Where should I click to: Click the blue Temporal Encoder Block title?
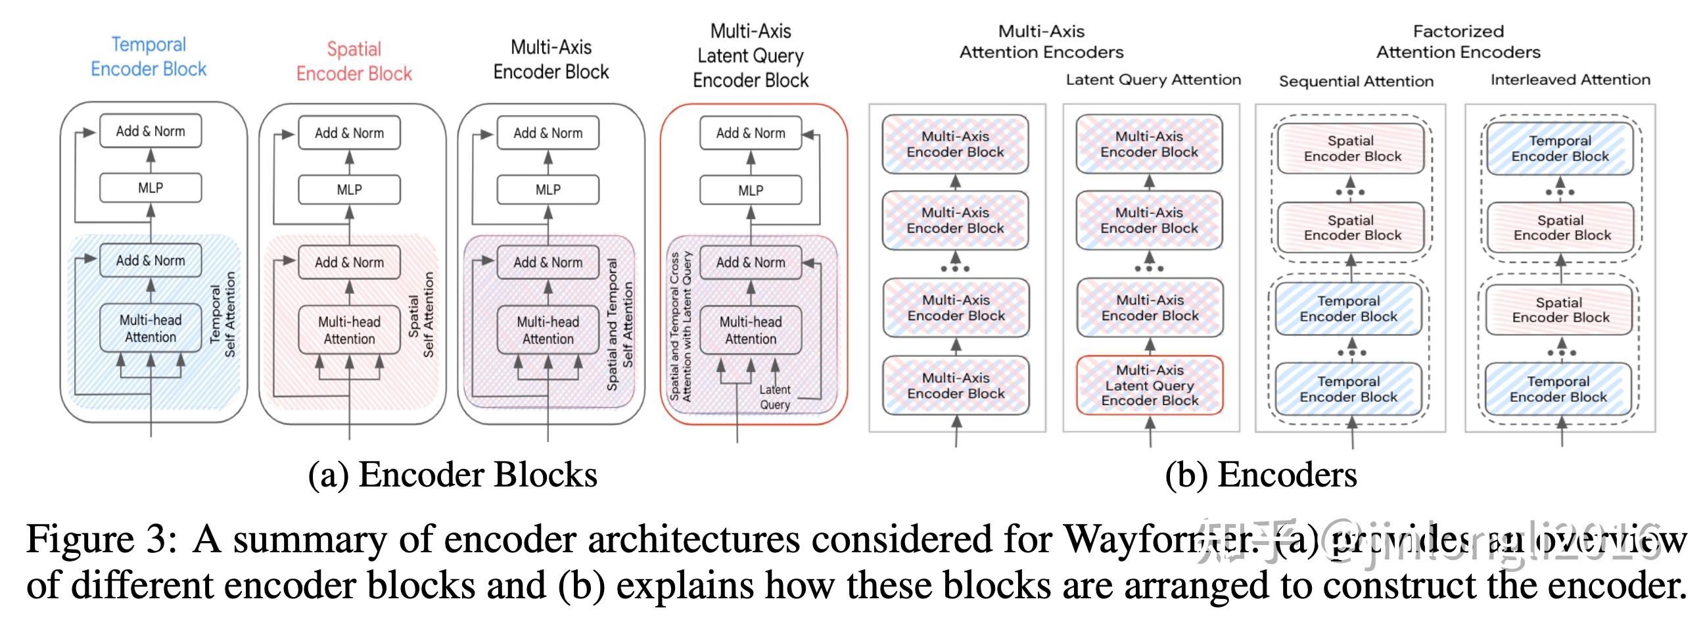(149, 57)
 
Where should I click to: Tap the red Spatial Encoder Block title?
(354, 62)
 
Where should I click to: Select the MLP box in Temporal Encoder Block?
(151, 188)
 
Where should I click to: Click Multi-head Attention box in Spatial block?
(349, 331)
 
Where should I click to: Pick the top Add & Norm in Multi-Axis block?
(548, 133)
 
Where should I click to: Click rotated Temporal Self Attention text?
(222, 315)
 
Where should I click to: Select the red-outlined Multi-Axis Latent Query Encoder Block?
(1150, 385)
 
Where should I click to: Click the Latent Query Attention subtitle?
(1153, 80)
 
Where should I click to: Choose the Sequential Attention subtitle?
(1355, 82)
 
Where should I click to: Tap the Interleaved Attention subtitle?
(1570, 80)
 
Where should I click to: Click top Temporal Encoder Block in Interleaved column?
(1560, 149)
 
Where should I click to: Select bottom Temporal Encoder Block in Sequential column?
(1348, 389)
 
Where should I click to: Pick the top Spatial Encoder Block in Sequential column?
(1351, 149)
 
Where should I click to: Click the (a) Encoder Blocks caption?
(453, 475)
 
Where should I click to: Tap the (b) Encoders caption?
(1261, 475)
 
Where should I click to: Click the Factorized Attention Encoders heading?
(1458, 41)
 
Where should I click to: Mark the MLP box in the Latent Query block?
(751, 191)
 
